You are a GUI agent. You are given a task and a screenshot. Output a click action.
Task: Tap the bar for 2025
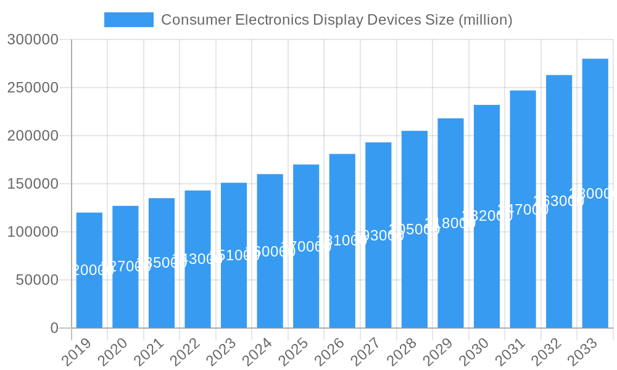tap(306, 246)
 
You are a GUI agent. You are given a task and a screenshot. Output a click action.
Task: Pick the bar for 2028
tap(415, 229)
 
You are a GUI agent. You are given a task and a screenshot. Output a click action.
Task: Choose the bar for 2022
tap(197, 259)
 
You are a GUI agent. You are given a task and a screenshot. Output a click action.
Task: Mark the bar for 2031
tap(523, 209)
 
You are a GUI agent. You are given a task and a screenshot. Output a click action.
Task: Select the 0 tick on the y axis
tap(54, 328)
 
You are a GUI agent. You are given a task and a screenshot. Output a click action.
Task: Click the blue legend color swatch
tap(128, 20)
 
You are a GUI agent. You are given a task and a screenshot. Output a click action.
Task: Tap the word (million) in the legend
tap(485, 20)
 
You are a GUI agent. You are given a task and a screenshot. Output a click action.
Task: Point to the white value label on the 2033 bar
tap(593, 194)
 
